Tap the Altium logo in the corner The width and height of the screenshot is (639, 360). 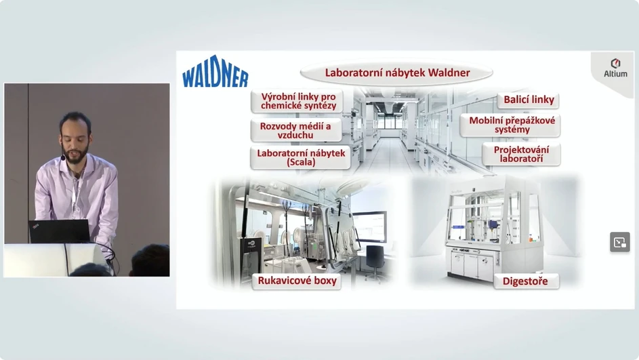click(615, 68)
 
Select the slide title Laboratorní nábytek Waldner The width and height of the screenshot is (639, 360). click(397, 73)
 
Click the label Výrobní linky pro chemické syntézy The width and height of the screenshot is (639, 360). click(297, 101)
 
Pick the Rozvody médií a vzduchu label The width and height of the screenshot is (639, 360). click(295, 130)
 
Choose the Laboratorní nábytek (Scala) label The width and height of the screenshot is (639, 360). click(301, 157)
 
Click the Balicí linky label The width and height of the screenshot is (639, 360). click(529, 100)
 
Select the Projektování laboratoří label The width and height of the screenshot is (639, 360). click(521, 154)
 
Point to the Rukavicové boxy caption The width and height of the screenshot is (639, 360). click(297, 281)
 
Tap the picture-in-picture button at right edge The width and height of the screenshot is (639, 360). click(619, 242)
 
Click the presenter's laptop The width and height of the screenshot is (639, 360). click(59, 231)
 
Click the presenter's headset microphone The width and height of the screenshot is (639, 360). click(63, 158)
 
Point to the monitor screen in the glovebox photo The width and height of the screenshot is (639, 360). click(370, 225)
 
